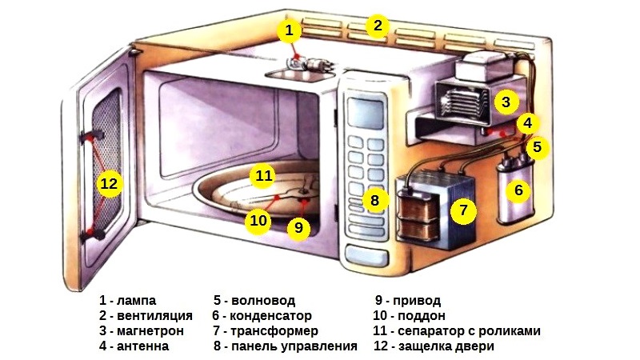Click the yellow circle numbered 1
tap(290, 31)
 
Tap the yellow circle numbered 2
tap(378, 26)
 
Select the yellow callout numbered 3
tap(505, 102)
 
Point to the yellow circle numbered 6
tap(518, 190)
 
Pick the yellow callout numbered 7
tap(462, 210)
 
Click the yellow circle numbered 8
tap(374, 199)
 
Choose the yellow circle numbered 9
tap(298, 227)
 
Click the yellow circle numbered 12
tap(108, 184)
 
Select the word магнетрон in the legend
tap(151, 331)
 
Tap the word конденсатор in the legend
tap(274, 316)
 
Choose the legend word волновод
tap(263, 301)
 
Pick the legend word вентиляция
tap(154, 316)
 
